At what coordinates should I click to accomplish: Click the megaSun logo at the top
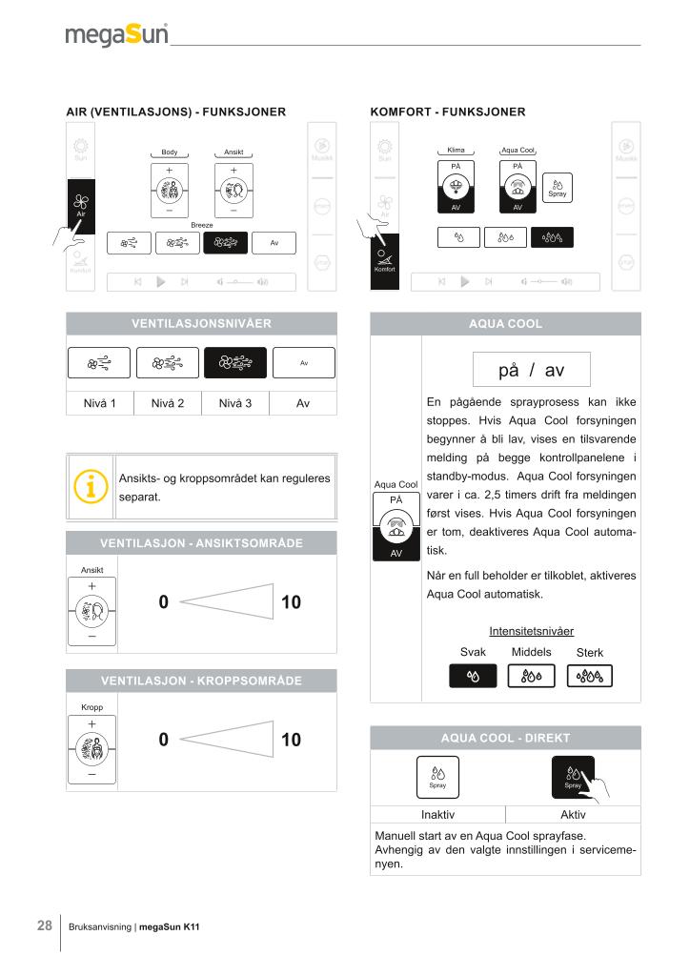tap(116, 34)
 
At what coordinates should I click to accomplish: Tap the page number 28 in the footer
tap(45, 925)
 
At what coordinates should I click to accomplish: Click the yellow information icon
tap(91, 486)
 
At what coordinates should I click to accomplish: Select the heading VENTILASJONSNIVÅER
tap(202, 324)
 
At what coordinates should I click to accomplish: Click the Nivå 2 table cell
tap(168, 403)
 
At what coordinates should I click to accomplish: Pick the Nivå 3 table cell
tap(235, 403)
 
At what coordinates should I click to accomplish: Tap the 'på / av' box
tap(532, 370)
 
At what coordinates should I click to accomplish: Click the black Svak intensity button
tap(473, 676)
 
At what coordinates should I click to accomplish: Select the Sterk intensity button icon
tap(590, 676)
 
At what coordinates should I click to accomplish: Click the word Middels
tap(532, 652)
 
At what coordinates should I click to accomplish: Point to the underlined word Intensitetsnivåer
tap(532, 631)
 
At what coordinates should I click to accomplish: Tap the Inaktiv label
tap(437, 814)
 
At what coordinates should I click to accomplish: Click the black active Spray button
tap(573, 777)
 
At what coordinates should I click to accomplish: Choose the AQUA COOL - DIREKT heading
tap(505, 739)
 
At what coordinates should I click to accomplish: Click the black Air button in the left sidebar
tap(81, 207)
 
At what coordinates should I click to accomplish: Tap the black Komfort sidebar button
tap(384, 261)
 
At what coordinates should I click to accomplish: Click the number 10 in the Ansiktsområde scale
tap(291, 602)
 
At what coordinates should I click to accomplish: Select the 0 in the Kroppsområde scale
tap(164, 740)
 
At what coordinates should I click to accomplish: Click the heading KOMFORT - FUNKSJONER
tap(448, 112)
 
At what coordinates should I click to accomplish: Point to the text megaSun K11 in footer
tap(170, 926)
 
